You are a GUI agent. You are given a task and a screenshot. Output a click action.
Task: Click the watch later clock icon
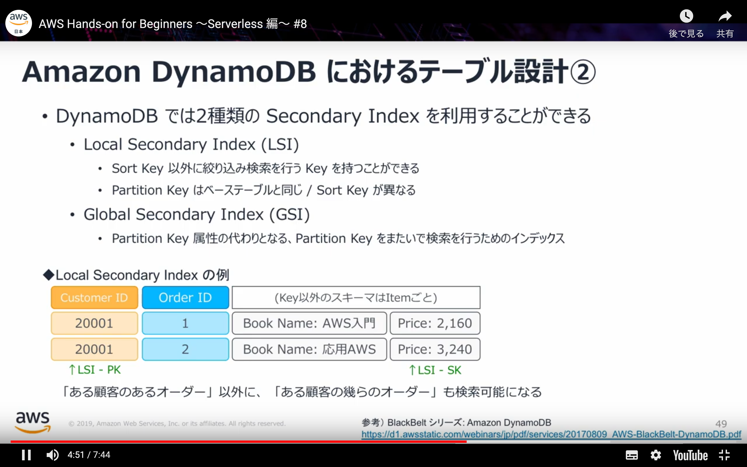pyautogui.click(x=686, y=16)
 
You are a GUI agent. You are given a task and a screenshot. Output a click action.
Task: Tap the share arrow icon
pyautogui.click(x=725, y=16)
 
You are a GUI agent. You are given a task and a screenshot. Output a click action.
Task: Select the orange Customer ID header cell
pyautogui.click(x=94, y=298)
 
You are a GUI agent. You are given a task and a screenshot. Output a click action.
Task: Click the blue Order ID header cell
pyautogui.click(x=185, y=298)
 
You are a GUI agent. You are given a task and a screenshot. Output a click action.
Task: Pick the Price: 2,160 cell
pyautogui.click(x=435, y=323)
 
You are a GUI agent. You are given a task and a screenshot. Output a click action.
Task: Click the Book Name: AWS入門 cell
pyautogui.click(x=309, y=323)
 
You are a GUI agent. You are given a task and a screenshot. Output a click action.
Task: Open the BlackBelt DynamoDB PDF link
pyautogui.click(x=551, y=434)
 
